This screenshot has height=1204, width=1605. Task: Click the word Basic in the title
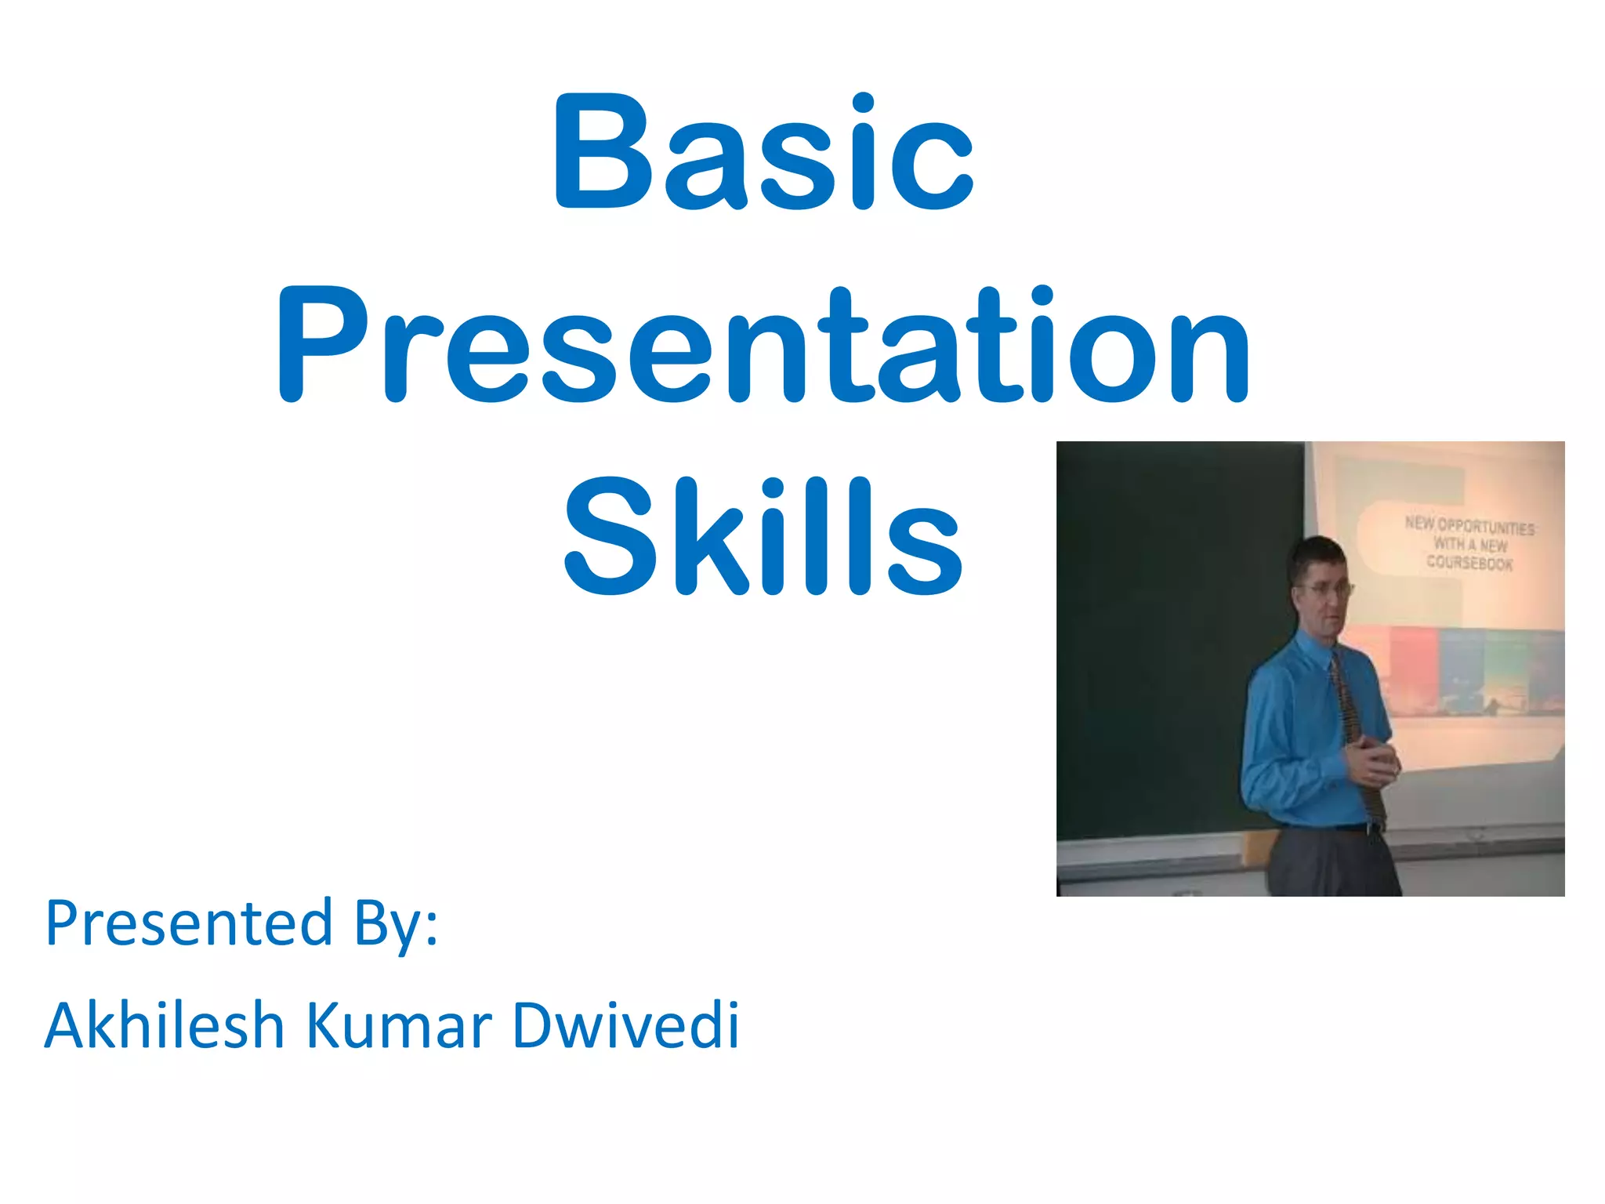[x=764, y=153]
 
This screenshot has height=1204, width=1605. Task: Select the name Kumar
[x=399, y=1025]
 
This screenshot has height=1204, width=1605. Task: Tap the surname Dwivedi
[x=625, y=1025]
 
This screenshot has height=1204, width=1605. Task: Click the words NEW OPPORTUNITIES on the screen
[x=1469, y=525]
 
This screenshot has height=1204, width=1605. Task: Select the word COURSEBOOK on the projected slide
[x=1469, y=563]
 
